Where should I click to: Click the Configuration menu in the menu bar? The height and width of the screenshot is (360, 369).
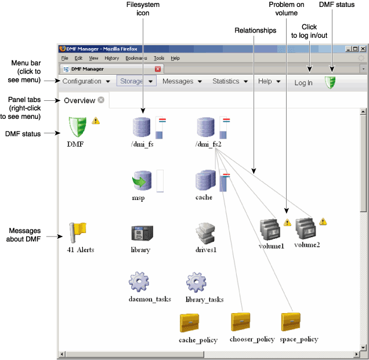pyautogui.click(x=86, y=82)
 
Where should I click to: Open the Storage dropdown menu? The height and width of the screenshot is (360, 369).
pyautogui.click(x=136, y=82)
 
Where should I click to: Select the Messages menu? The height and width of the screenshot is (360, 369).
pyautogui.click(x=182, y=82)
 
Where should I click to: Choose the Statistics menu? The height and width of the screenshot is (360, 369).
pyautogui.click(x=230, y=82)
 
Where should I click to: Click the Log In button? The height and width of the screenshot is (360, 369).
pyautogui.click(x=303, y=83)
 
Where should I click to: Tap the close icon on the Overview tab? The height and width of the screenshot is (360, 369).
pyautogui.click(x=101, y=100)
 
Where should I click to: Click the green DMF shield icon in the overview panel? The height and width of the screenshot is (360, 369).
pyautogui.click(x=77, y=126)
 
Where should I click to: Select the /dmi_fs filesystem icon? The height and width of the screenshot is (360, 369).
pyautogui.click(x=142, y=128)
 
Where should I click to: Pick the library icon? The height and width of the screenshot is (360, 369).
pyautogui.click(x=142, y=233)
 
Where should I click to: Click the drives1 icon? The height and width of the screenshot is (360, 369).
pyautogui.click(x=206, y=233)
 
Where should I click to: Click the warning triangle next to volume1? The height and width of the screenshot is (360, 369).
pyautogui.click(x=287, y=223)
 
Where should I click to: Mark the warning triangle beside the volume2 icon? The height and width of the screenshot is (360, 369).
pyautogui.click(x=324, y=221)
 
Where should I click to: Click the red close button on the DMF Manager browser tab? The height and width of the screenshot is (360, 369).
pyautogui.click(x=158, y=68)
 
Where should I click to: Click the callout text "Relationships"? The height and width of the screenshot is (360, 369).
pyautogui.click(x=255, y=30)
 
